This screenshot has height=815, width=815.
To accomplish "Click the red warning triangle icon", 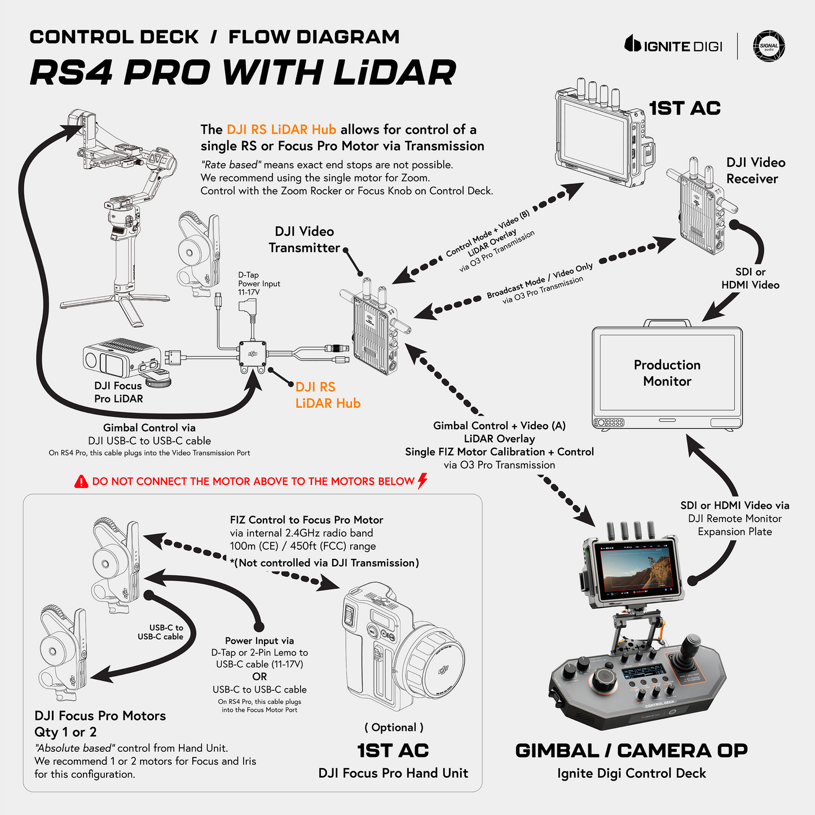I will click(81, 481).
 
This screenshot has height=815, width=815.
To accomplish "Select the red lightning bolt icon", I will click(422, 481).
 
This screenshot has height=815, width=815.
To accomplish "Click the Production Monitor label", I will click(667, 373).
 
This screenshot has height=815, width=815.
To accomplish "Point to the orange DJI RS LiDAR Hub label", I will click(328, 395).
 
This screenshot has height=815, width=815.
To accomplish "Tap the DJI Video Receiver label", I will click(756, 170).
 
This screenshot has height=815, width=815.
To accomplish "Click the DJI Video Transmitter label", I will click(305, 240).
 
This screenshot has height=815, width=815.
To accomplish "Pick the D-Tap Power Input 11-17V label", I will click(259, 284).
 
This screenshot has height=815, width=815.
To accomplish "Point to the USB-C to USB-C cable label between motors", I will click(161, 632).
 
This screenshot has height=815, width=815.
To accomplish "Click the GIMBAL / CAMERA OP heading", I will click(631, 751).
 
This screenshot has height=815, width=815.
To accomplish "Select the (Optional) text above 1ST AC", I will click(393, 727).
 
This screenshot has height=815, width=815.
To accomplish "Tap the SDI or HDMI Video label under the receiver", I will click(750, 279).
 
